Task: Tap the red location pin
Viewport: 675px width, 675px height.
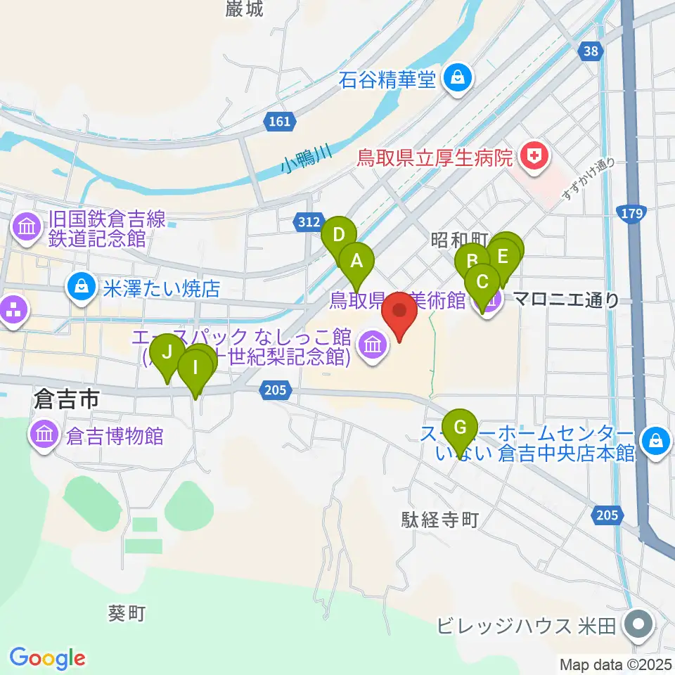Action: [400, 314]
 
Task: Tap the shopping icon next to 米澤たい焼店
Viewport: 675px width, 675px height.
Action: [82, 288]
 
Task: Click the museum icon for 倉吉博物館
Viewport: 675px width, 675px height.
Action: [44, 435]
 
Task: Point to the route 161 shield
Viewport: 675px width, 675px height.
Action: [279, 122]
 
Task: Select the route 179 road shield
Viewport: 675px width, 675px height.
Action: [629, 212]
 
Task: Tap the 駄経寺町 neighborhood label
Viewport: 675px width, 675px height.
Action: [440, 520]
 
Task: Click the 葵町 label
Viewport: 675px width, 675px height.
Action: [127, 613]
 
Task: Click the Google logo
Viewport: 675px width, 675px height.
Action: [48, 658]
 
